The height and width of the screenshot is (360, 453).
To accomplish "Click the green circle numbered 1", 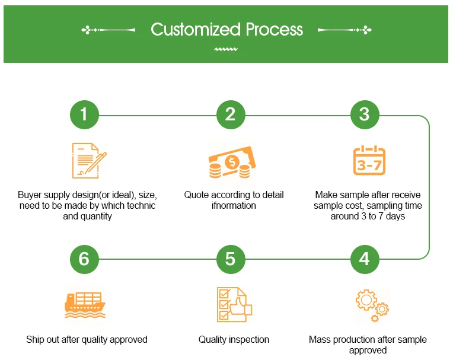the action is pyautogui.click(x=84, y=114).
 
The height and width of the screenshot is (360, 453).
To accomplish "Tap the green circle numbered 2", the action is pyautogui.click(x=231, y=114).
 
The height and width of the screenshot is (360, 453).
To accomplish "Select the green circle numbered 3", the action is pyautogui.click(x=365, y=114).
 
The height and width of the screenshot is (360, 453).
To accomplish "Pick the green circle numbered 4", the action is pyautogui.click(x=365, y=259).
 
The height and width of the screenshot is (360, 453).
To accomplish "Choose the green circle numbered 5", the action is pyautogui.click(x=231, y=259).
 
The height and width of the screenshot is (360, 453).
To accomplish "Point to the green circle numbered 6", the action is pyautogui.click(x=84, y=259).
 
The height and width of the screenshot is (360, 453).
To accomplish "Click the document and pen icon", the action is pyautogui.click(x=89, y=161).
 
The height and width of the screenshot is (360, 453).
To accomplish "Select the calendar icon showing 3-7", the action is pyautogui.click(x=369, y=160).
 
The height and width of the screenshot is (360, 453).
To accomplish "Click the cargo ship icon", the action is pyautogui.click(x=85, y=305).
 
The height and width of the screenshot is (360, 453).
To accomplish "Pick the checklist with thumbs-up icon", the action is pyautogui.click(x=234, y=304).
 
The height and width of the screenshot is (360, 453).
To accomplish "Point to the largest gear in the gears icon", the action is pyautogui.click(x=366, y=300).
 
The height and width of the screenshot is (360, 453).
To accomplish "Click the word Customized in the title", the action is pyautogui.click(x=196, y=30).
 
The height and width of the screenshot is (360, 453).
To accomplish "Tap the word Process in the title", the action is pyautogui.click(x=274, y=30).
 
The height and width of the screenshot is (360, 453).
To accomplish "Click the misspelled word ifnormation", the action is pyautogui.click(x=234, y=205).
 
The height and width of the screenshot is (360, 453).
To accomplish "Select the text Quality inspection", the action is pyautogui.click(x=234, y=339).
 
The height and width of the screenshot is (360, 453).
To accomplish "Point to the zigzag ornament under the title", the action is pyautogui.click(x=226, y=49).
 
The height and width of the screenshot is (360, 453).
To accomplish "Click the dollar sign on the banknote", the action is pyautogui.click(x=232, y=162).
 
